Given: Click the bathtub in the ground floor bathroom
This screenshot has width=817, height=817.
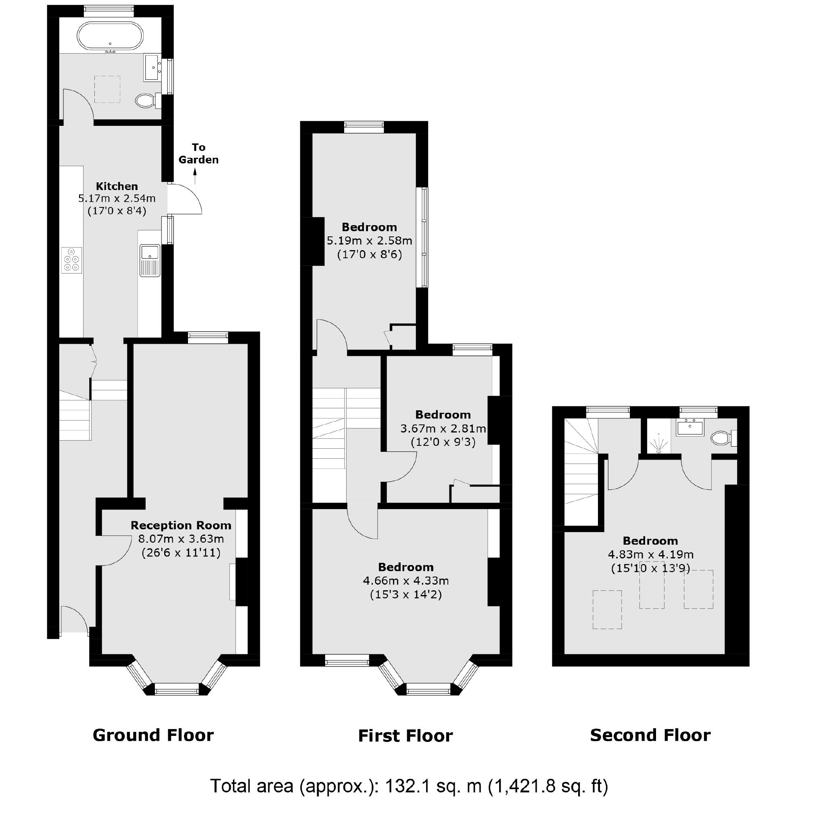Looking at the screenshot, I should [x=111, y=37].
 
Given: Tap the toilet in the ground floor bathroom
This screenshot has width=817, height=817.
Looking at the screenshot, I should [x=146, y=100].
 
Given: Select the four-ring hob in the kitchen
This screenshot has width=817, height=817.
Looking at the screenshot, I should [x=71, y=260].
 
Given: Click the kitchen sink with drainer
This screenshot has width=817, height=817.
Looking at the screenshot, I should [x=150, y=260].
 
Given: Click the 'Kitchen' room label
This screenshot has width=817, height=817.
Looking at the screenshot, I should [x=117, y=186].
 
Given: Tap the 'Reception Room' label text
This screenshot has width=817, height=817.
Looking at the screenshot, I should [x=181, y=525].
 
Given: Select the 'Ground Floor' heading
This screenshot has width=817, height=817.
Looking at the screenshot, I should [x=153, y=735].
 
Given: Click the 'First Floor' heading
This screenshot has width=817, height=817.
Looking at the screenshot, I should [x=405, y=736].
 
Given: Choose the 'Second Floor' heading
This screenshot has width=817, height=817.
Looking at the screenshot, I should [x=650, y=735].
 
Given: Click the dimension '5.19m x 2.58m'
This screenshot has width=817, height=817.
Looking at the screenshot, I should [x=369, y=240].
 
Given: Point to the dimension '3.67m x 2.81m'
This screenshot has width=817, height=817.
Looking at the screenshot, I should [x=443, y=428].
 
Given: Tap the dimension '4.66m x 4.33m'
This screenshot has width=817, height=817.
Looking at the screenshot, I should [x=405, y=581].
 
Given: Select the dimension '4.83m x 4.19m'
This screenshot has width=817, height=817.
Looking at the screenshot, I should [x=650, y=554].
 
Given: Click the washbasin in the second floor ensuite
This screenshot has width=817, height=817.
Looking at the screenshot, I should [x=690, y=428].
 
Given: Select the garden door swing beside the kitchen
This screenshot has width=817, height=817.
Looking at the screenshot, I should [x=186, y=199].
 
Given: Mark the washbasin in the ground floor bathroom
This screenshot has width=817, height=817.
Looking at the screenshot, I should [x=152, y=67].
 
